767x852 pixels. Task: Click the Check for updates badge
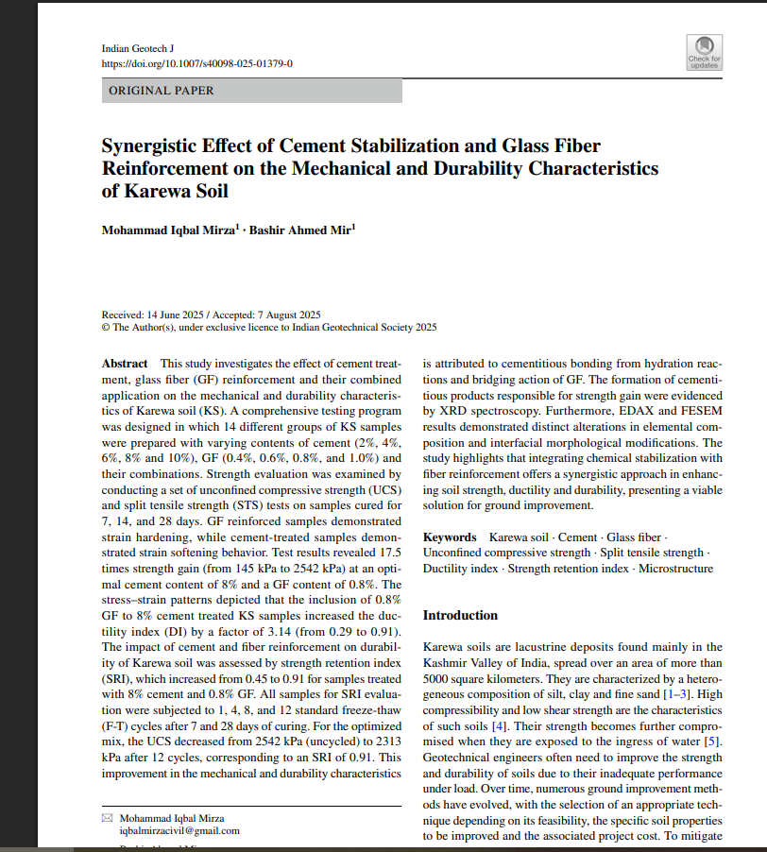pyautogui.click(x=704, y=53)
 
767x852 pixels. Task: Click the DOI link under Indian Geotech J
pyautogui.click(x=196, y=63)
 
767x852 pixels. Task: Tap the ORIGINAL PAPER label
pyautogui.click(x=162, y=91)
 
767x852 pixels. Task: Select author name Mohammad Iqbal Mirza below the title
pyautogui.click(x=168, y=232)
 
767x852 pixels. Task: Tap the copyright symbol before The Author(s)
pyautogui.click(x=106, y=328)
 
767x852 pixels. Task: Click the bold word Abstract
pyautogui.click(x=125, y=364)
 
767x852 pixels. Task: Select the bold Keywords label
pyautogui.click(x=450, y=537)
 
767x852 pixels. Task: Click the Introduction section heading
pyautogui.click(x=460, y=615)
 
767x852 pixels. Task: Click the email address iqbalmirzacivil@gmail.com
pyautogui.click(x=179, y=830)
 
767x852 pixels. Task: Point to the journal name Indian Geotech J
pyautogui.click(x=137, y=48)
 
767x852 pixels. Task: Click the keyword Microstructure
pyautogui.click(x=675, y=568)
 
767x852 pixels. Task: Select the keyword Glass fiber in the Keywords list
pyautogui.click(x=636, y=537)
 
